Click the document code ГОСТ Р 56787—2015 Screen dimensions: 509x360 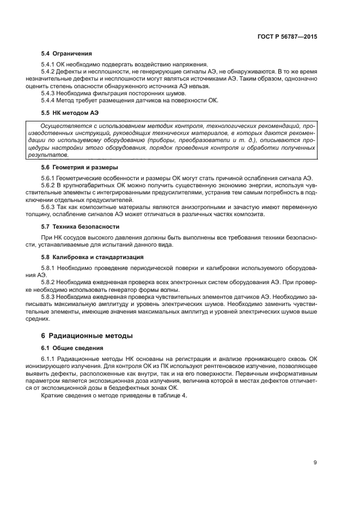[x=288, y=38]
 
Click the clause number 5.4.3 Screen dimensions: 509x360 [x=49, y=93]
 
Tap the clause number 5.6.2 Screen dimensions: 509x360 [x=49, y=186]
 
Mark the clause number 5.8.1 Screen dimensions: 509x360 [x=49, y=268]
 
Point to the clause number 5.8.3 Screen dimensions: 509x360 [x=49, y=297]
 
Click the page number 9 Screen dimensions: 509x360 [x=315, y=463]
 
